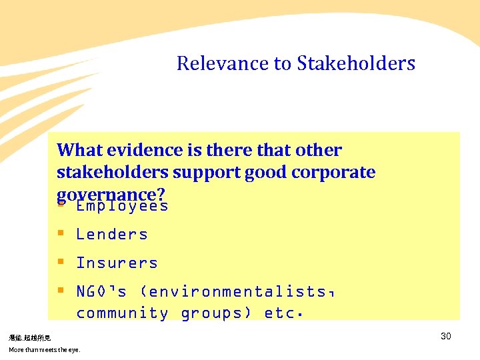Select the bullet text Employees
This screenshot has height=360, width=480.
tap(122, 206)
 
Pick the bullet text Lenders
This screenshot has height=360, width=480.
tap(112, 234)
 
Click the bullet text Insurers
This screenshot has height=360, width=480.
tap(117, 263)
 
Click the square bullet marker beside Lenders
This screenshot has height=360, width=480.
tap(61, 233)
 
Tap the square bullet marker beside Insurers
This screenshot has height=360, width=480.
tap(61, 262)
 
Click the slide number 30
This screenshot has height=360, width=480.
tap(446, 336)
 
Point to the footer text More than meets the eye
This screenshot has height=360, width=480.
tap(44, 349)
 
